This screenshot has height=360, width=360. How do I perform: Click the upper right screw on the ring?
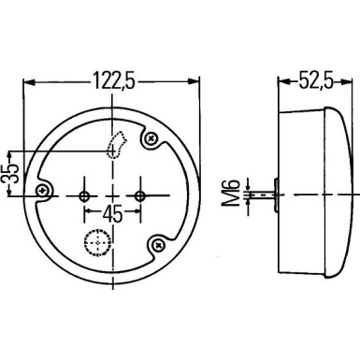(x=151, y=140)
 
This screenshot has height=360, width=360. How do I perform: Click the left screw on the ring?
(x=41, y=191)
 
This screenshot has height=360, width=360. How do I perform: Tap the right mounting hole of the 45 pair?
(x=140, y=195)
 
